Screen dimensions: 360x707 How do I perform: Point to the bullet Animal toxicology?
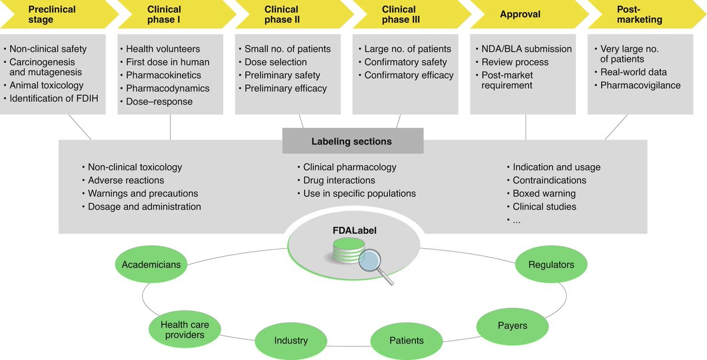[x=47, y=86]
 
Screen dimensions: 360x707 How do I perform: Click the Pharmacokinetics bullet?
[x=163, y=75]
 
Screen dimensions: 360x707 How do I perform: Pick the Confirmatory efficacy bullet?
[x=409, y=75]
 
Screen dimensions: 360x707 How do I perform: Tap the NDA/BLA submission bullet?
[x=527, y=49]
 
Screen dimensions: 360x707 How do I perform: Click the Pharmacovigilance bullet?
[x=640, y=85]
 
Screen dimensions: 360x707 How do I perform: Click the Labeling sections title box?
[x=352, y=141]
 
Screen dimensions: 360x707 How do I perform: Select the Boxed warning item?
[x=544, y=194]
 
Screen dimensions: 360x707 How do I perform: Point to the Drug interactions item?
[x=339, y=180]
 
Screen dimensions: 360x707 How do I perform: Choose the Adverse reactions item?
[x=126, y=180]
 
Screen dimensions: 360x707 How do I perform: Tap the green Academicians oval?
[x=151, y=265]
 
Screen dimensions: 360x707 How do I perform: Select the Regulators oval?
[x=551, y=265]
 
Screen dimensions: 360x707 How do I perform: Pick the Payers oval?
[x=512, y=325]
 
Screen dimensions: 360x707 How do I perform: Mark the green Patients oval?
[x=406, y=341]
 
